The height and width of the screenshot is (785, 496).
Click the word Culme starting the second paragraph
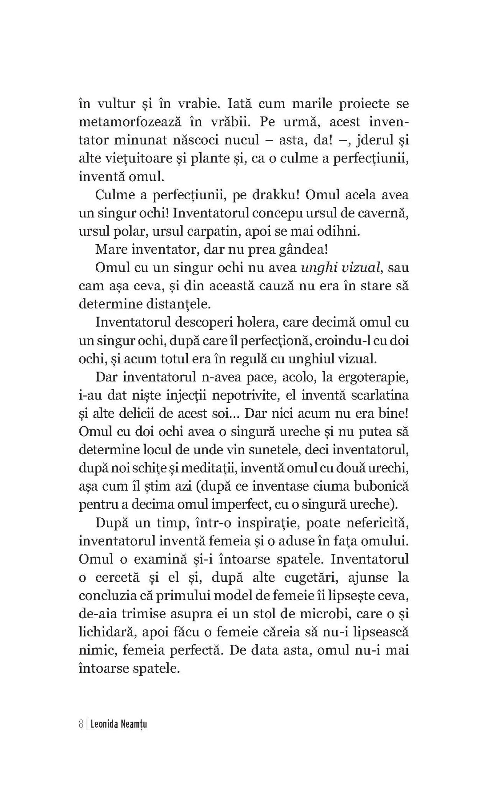[115, 195]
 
